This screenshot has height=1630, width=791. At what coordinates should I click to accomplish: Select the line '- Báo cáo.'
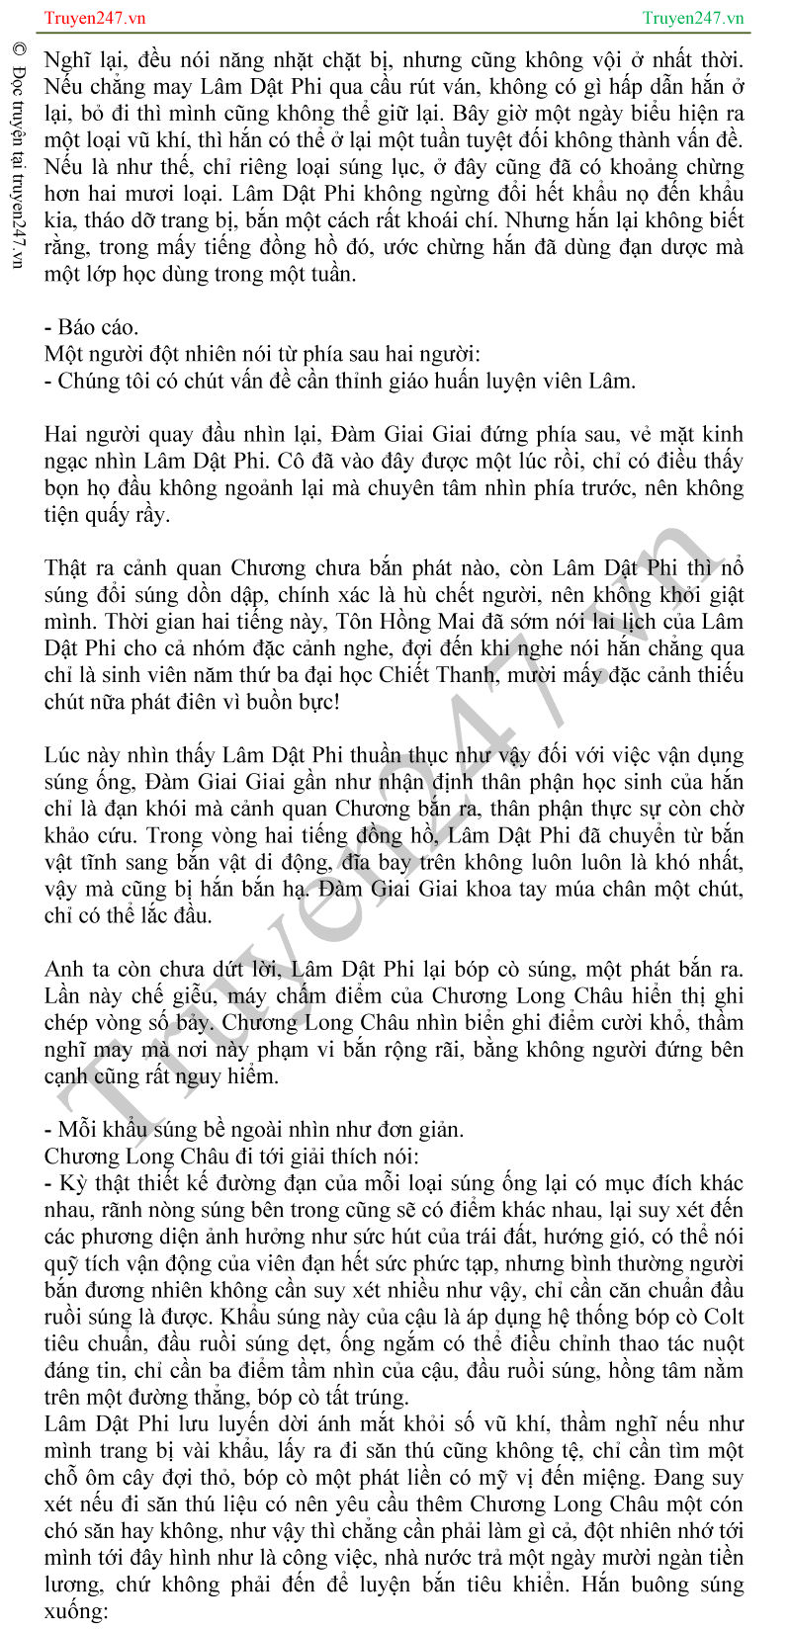[91, 327]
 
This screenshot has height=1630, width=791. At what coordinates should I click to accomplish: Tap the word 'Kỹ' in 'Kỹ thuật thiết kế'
[72, 1183]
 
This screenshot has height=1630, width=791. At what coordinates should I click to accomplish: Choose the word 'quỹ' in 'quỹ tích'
[61, 1263]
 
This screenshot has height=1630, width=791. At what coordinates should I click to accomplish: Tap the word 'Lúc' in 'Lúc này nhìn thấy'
[63, 755]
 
